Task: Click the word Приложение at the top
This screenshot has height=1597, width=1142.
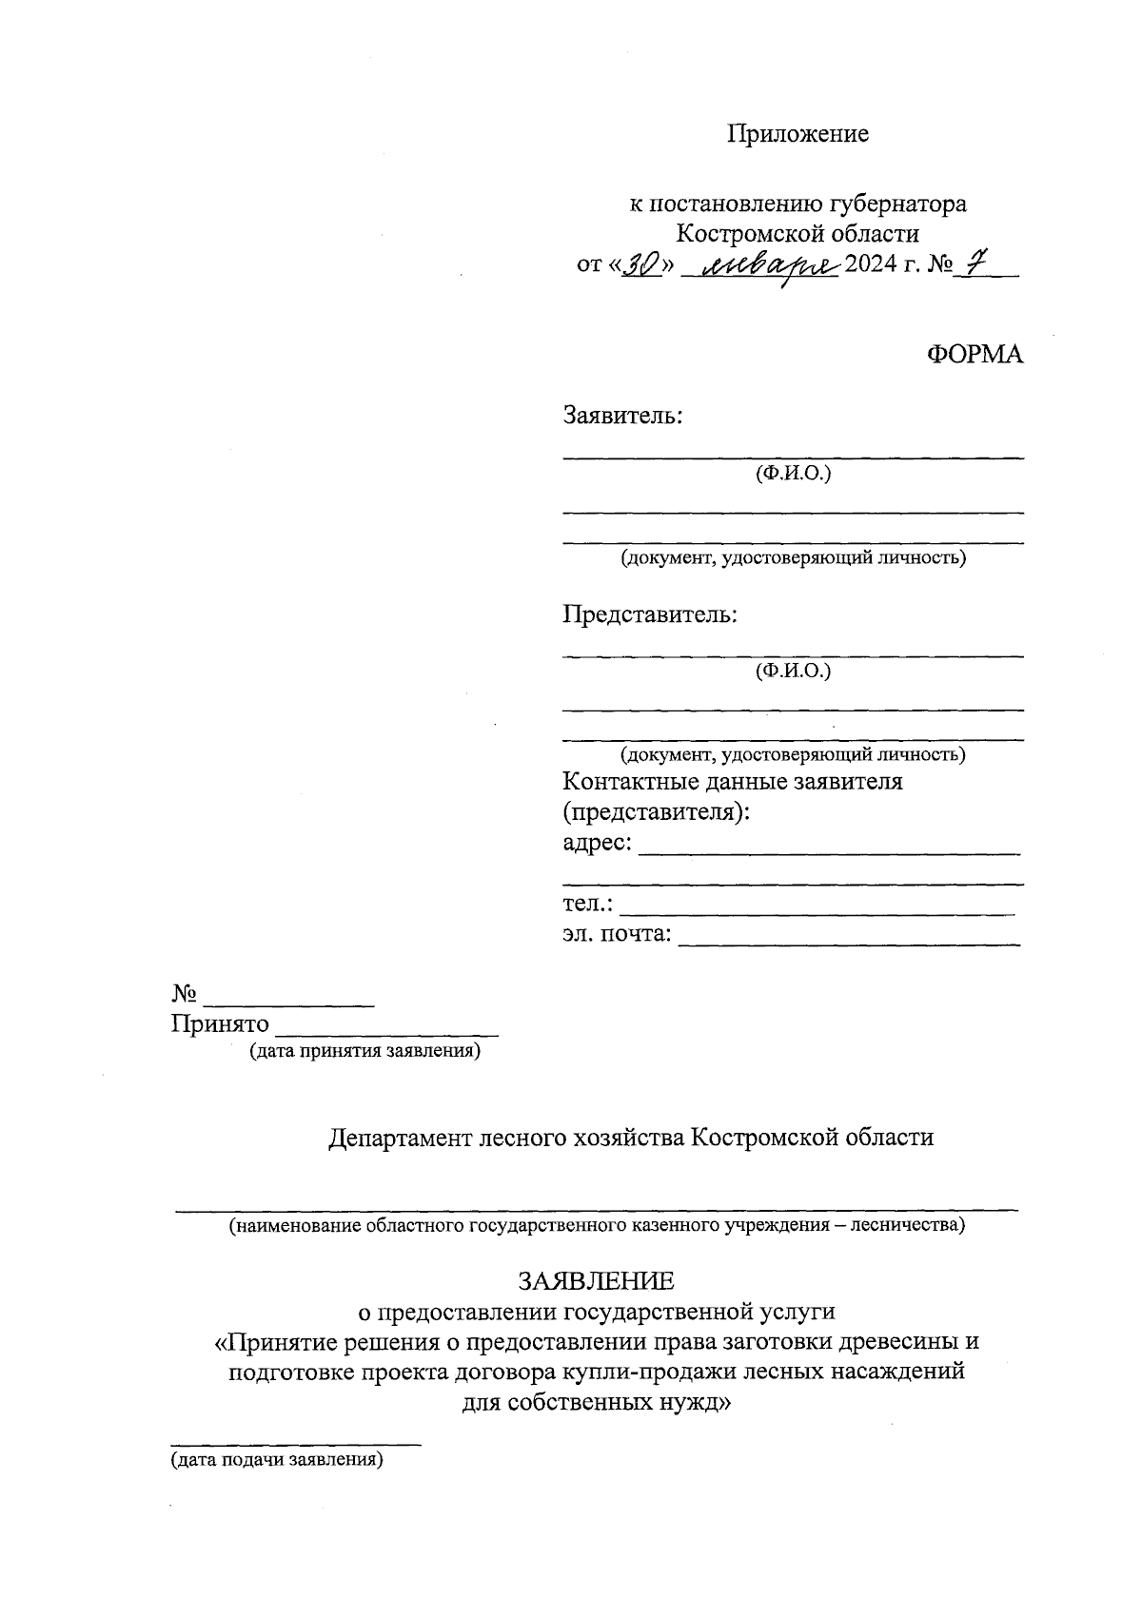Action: click(x=797, y=134)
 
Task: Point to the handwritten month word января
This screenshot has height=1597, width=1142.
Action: click(x=769, y=265)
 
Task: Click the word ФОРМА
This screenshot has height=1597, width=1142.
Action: click(x=975, y=354)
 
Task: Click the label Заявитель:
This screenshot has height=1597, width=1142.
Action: click(x=622, y=416)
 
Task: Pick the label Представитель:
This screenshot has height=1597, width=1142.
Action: click(x=650, y=614)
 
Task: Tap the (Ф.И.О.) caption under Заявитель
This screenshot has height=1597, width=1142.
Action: click(x=793, y=474)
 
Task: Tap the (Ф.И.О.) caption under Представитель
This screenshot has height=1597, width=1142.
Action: click(x=793, y=672)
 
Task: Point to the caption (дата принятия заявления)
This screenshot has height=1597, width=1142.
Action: click(x=364, y=1052)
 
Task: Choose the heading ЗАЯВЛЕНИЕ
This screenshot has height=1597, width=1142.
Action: click(x=596, y=1280)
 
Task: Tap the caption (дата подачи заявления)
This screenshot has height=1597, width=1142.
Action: click(x=276, y=1460)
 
